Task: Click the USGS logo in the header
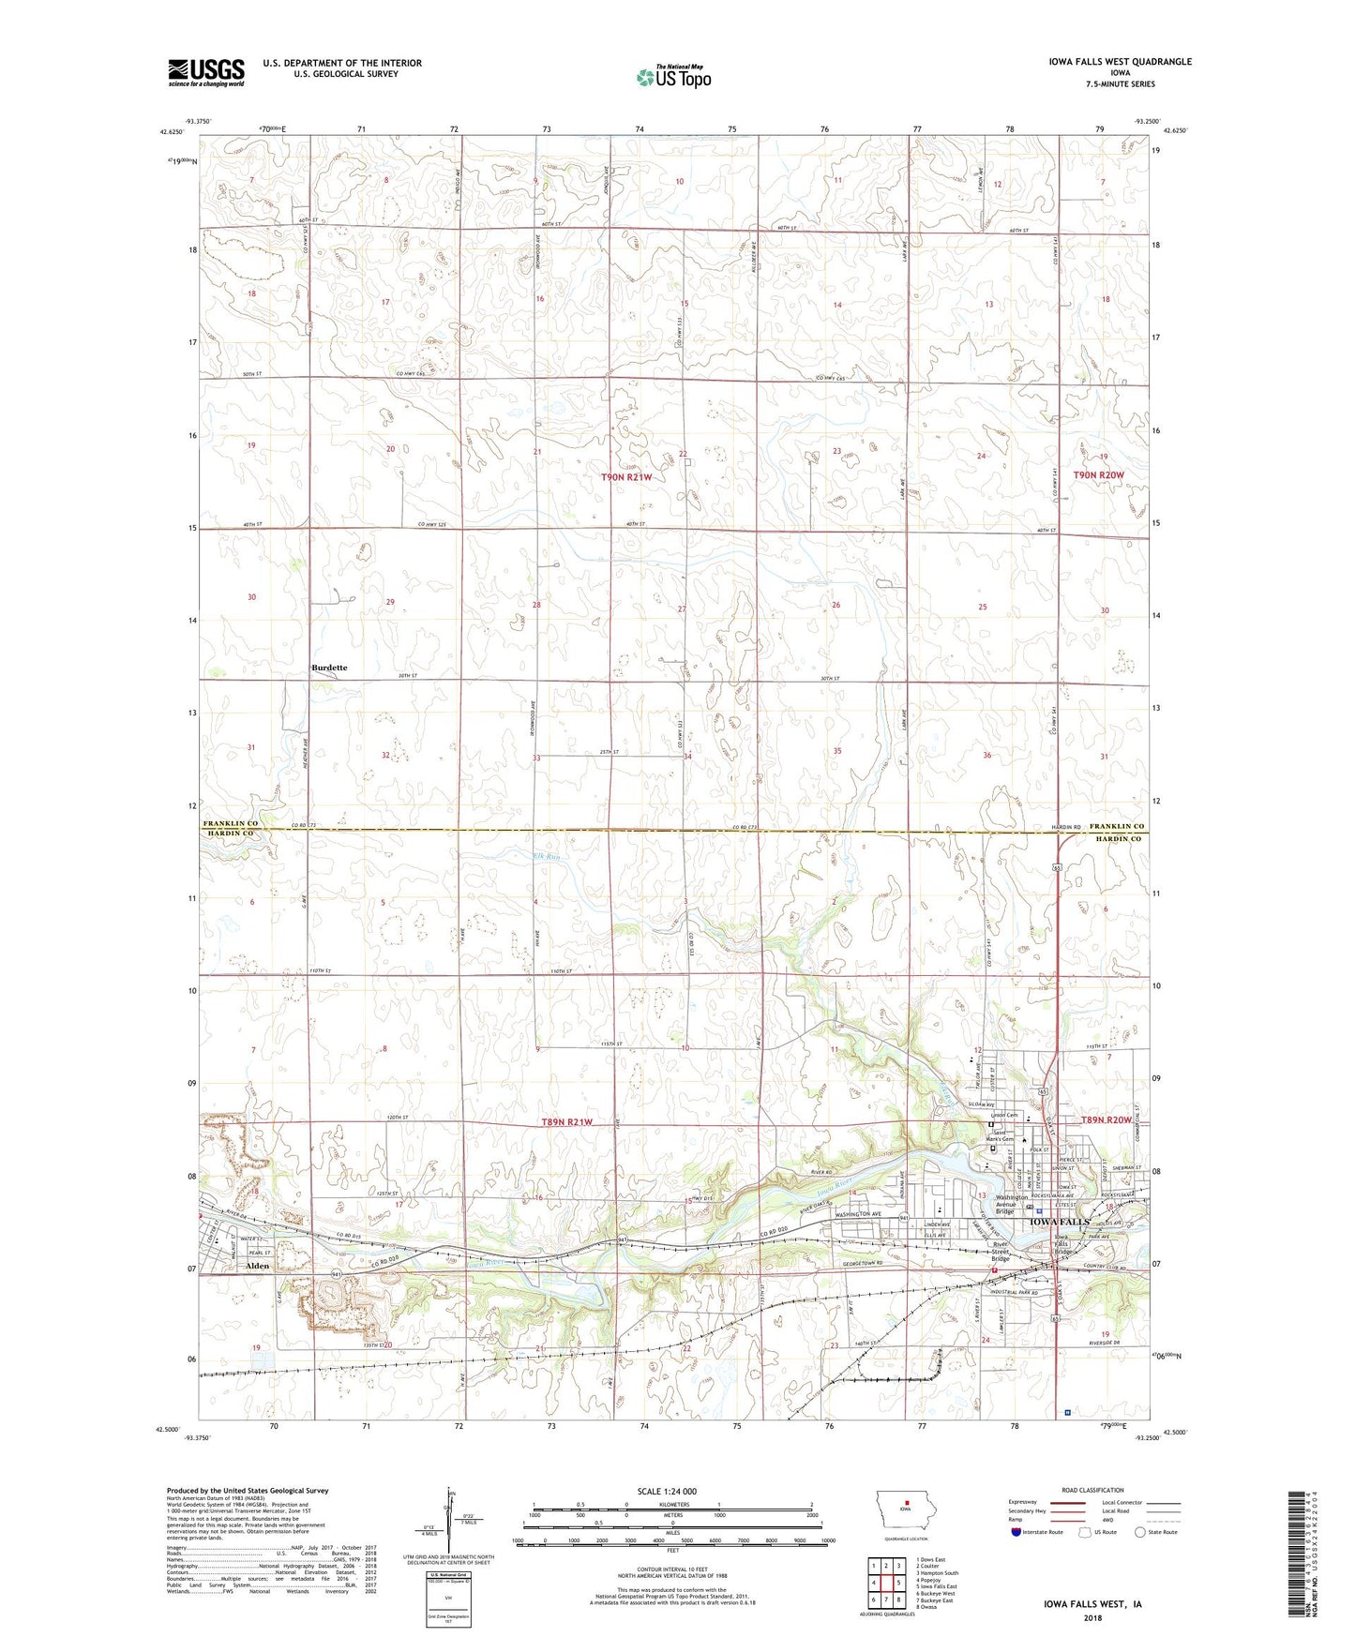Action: coord(206,72)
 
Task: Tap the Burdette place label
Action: coord(329,668)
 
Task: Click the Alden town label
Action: coord(257,1266)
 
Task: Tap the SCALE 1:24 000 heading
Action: coord(666,1492)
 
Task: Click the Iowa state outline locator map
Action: coord(905,1508)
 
